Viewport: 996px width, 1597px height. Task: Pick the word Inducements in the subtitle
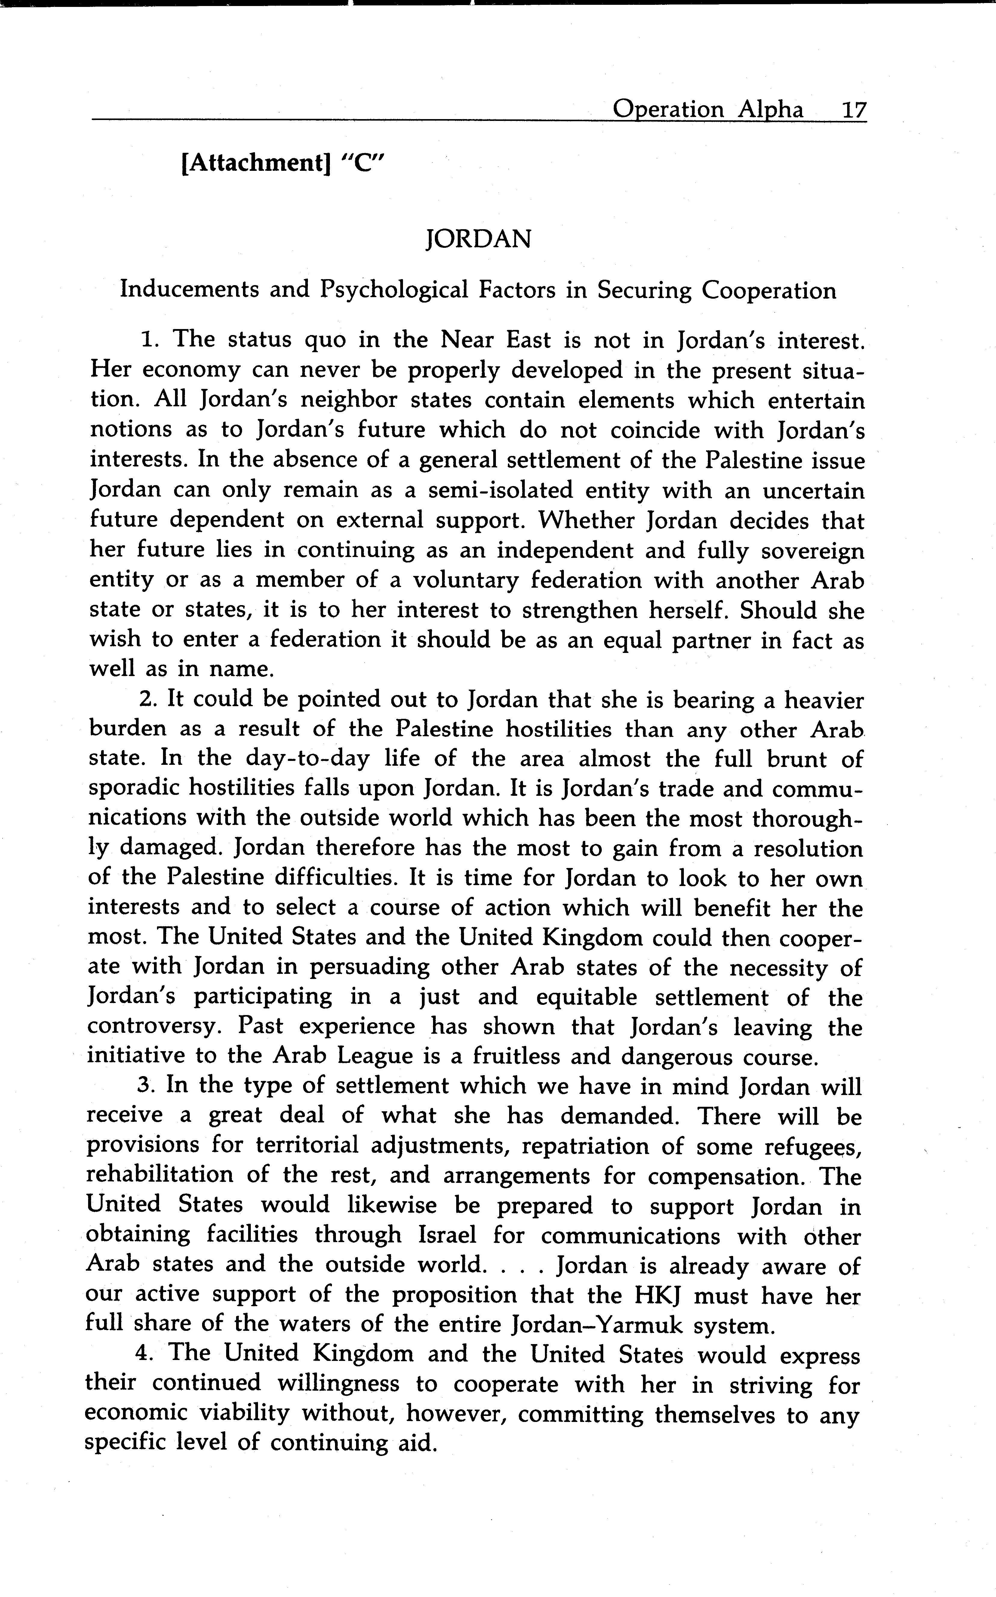click(x=189, y=290)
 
